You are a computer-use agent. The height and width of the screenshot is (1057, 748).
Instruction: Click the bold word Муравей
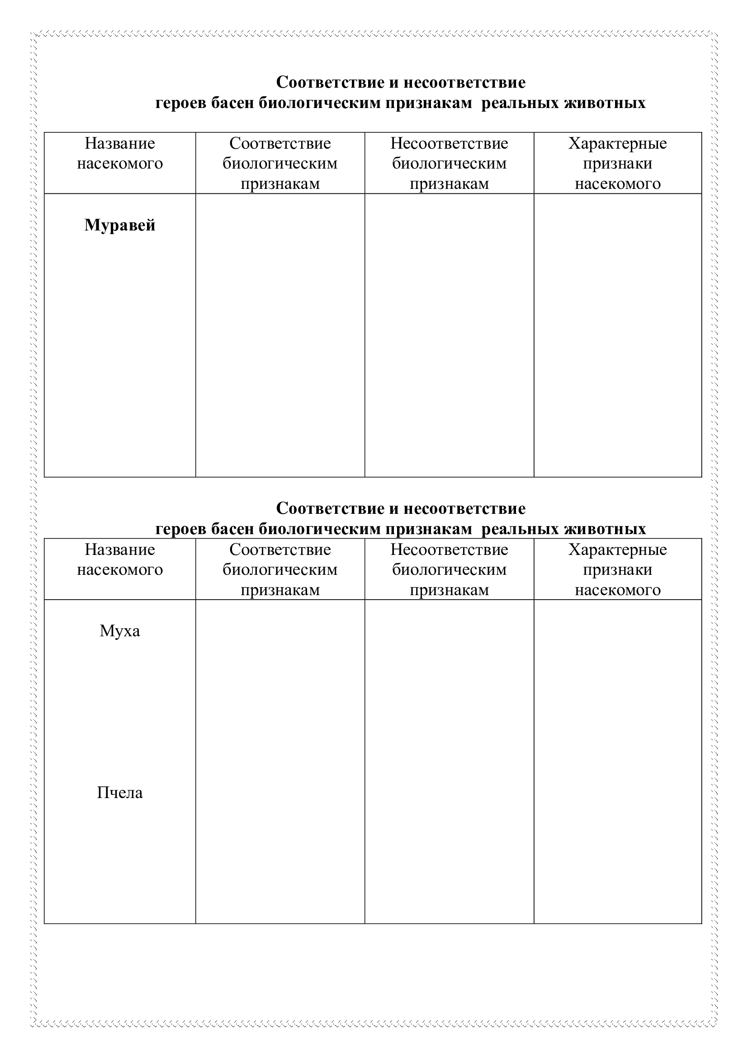[x=120, y=225]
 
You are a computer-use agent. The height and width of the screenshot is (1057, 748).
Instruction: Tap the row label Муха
[x=120, y=631]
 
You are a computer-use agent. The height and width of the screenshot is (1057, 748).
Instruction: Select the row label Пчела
[x=120, y=793]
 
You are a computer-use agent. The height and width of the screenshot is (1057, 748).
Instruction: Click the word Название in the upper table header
[x=120, y=144]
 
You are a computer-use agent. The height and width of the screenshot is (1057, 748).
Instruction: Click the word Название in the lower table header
[x=120, y=550]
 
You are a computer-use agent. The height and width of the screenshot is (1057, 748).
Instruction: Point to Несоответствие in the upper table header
[x=449, y=144]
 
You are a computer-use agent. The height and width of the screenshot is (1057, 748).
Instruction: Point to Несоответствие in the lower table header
[x=449, y=550]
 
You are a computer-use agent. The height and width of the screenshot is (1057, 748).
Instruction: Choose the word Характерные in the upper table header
[x=618, y=144]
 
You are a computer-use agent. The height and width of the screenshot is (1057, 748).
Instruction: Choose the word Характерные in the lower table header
[x=618, y=550]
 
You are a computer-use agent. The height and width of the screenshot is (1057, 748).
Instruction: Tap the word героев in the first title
[x=181, y=103]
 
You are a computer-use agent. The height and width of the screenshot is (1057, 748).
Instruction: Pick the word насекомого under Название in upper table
[x=120, y=164]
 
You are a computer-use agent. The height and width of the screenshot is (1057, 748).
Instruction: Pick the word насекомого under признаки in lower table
[x=618, y=590]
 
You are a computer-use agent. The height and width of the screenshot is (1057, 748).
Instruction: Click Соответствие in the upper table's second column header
[x=280, y=144]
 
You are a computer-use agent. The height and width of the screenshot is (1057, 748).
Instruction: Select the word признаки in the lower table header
[x=618, y=570]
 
